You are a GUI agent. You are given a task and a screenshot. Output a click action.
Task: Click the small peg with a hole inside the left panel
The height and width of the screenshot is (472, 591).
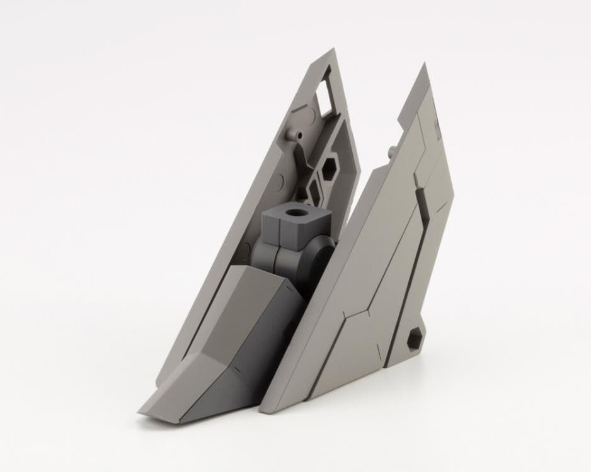click(x=294, y=135)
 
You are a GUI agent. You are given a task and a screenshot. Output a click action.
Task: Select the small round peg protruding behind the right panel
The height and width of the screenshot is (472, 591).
click(x=393, y=151)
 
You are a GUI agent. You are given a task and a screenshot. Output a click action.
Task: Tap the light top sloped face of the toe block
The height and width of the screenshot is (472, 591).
click(x=214, y=327)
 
